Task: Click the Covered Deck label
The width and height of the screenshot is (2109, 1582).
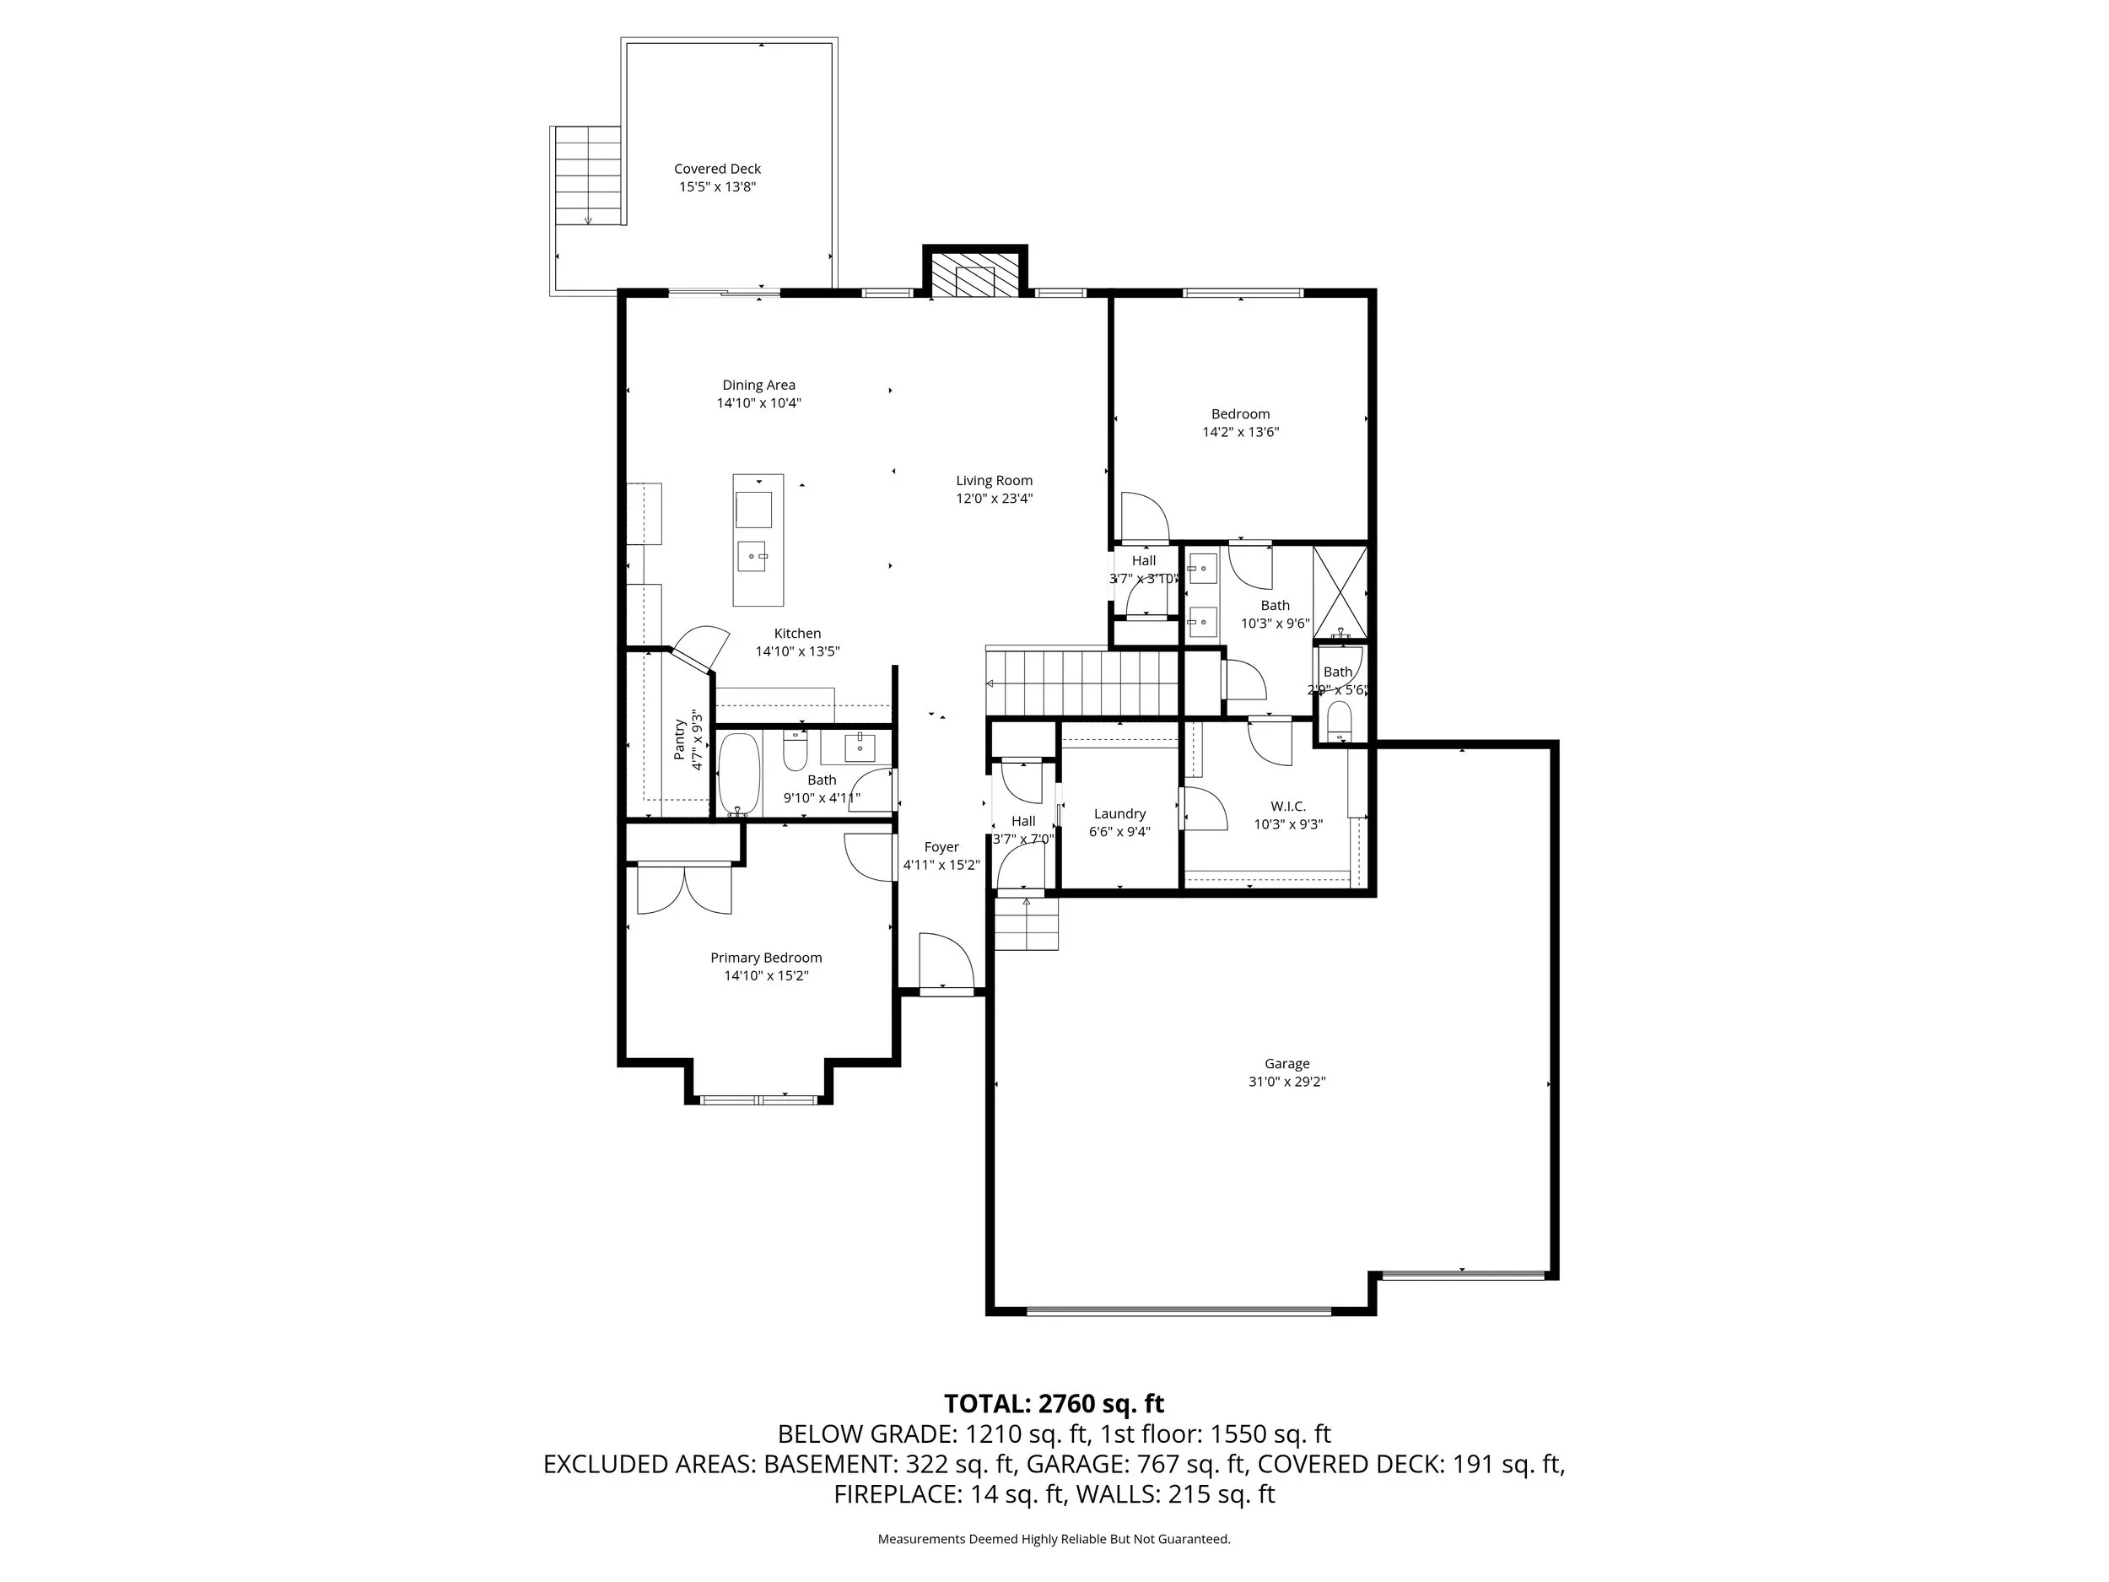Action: [x=717, y=169]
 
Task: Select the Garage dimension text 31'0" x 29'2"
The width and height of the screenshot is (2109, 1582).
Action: [x=1287, y=1082]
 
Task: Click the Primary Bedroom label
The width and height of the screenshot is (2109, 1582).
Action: [x=766, y=958]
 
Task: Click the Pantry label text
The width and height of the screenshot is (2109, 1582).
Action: [x=680, y=740]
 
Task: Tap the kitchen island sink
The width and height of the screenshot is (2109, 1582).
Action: [x=752, y=554]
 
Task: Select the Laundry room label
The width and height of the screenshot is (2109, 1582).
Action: [x=1119, y=813]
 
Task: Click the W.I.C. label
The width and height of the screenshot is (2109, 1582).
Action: [x=1287, y=806]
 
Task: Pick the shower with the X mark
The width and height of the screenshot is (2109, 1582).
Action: [x=1340, y=591]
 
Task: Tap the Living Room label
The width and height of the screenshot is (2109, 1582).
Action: [x=994, y=481]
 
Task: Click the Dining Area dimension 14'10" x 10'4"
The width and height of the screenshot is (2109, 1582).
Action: [x=759, y=403]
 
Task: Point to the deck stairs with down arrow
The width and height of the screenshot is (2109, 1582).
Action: [x=588, y=175]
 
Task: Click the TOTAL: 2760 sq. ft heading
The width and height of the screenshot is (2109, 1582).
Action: [x=1054, y=1404]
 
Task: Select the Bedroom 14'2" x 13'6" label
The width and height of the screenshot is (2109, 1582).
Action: [x=1239, y=414]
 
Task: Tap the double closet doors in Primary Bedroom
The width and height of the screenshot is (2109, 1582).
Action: [x=683, y=888]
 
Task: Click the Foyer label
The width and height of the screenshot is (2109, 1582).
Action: [x=941, y=847]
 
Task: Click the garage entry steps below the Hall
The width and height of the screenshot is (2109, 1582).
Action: [x=1027, y=924]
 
